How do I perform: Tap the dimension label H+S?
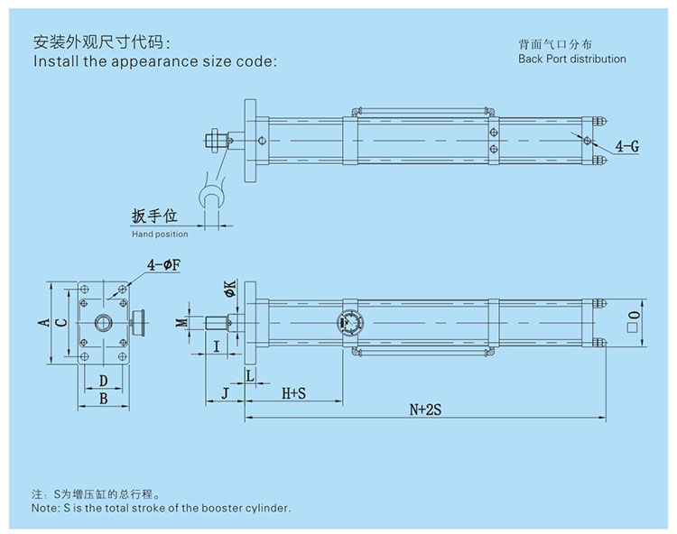click(293, 393)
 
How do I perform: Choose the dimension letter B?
click(103, 397)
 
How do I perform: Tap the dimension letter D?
click(103, 381)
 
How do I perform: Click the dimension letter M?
click(181, 322)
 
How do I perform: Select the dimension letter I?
click(216, 345)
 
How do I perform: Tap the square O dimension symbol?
click(634, 317)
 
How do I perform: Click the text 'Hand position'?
click(160, 235)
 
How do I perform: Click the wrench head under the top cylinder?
click(211, 197)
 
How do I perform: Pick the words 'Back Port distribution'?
click(571, 59)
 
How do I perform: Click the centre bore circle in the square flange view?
click(103, 322)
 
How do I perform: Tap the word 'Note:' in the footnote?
click(46, 509)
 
